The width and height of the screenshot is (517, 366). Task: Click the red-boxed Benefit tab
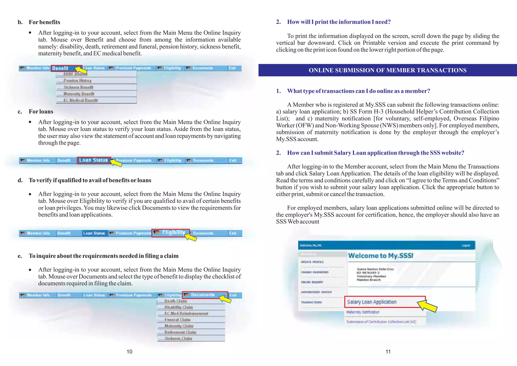pyautogui.click(x=61, y=68)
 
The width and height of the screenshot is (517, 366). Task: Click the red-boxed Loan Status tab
pyautogui.click(x=93, y=160)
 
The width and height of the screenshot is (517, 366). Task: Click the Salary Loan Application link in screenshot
pyautogui.click(x=372, y=302)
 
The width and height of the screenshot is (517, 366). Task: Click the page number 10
pyautogui.click(x=129, y=352)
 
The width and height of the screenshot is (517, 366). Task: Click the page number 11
pyautogui.click(x=388, y=352)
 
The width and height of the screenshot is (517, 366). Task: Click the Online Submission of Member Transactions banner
pyautogui.click(x=387, y=70)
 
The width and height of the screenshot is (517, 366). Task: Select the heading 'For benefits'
pyautogui.click(x=44, y=22)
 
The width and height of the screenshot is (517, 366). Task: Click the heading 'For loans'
pyautogui.click(x=41, y=111)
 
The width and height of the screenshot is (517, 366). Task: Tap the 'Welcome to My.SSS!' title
pyautogui.click(x=381, y=256)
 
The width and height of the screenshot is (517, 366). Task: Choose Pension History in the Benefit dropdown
pyautogui.click(x=77, y=81)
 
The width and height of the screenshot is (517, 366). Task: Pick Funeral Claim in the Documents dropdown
pyautogui.click(x=177, y=320)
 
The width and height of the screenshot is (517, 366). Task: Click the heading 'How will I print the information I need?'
pyautogui.click(x=339, y=22)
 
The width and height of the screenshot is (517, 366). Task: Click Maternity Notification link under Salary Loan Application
pyautogui.click(x=363, y=312)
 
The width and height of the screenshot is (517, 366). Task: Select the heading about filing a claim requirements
pyautogui.click(x=104, y=256)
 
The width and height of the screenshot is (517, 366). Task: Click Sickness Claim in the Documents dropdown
pyautogui.click(x=178, y=339)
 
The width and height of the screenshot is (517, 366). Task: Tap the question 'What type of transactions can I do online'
pyautogui.click(x=358, y=91)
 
